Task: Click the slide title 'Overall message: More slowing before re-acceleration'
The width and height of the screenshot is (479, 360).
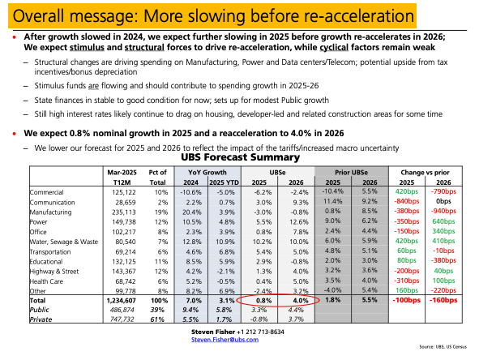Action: (x=213, y=16)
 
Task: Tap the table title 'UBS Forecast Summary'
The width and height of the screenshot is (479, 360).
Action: (x=241, y=157)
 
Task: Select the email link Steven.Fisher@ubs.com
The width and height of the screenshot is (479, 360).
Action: (x=225, y=340)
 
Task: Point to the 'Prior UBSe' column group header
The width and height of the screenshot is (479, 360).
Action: (x=351, y=173)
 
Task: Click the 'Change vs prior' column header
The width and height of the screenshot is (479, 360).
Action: (x=425, y=173)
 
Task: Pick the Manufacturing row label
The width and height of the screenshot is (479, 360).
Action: (x=50, y=212)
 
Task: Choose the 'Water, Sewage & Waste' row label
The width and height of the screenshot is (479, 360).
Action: (x=64, y=242)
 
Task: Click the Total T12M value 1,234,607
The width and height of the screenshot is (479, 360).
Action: (x=122, y=301)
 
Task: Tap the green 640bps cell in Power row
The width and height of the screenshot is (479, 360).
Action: (x=443, y=221)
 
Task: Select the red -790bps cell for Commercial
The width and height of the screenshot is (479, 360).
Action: (x=443, y=191)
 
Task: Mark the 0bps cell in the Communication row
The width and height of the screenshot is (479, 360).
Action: (x=443, y=201)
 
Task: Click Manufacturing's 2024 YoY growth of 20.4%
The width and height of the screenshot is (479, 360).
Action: (x=192, y=212)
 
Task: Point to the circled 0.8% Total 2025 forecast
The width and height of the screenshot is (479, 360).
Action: (x=264, y=301)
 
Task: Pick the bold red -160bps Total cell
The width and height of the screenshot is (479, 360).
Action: (x=443, y=300)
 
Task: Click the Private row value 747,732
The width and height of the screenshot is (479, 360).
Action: (x=122, y=319)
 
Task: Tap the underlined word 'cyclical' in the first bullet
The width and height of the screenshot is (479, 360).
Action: (x=334, y=47)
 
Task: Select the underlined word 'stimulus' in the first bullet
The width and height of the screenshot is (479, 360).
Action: (x=87, y=47)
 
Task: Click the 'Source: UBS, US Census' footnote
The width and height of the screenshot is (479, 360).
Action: (x=443, y=347)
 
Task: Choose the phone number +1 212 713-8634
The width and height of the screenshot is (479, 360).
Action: (x=260, y=332)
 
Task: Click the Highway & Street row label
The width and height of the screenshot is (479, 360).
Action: (x=54, y=272)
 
